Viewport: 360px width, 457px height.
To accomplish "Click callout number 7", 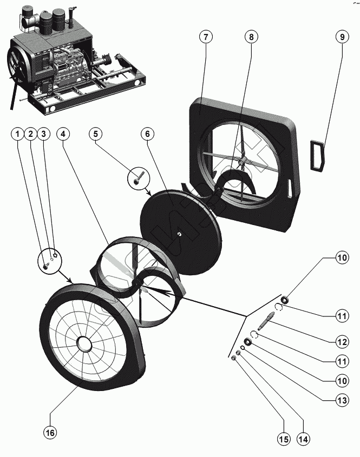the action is [206, 37].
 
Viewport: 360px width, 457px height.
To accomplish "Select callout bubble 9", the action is [342, 37].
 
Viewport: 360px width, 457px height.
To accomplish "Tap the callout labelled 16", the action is [50, 433].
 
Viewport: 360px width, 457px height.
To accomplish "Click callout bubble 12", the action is [342, 342].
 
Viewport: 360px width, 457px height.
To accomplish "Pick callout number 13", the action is [342, 400].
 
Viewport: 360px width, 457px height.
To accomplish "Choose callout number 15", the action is [284, 439].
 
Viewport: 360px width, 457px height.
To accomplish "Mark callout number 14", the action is [303, 439].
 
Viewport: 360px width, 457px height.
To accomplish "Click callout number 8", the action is [251, 37].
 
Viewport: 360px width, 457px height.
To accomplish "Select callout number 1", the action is [18, 134].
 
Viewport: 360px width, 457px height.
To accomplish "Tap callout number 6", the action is [147, 134].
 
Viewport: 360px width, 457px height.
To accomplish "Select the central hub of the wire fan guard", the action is [84, 343].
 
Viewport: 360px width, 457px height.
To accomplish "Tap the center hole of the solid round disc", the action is [179, 234].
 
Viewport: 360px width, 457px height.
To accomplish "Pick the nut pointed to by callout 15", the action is [233, 358].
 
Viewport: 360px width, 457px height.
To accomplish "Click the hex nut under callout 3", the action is [56, 253].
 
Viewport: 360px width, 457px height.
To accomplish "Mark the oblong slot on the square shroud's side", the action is [290, 188].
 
